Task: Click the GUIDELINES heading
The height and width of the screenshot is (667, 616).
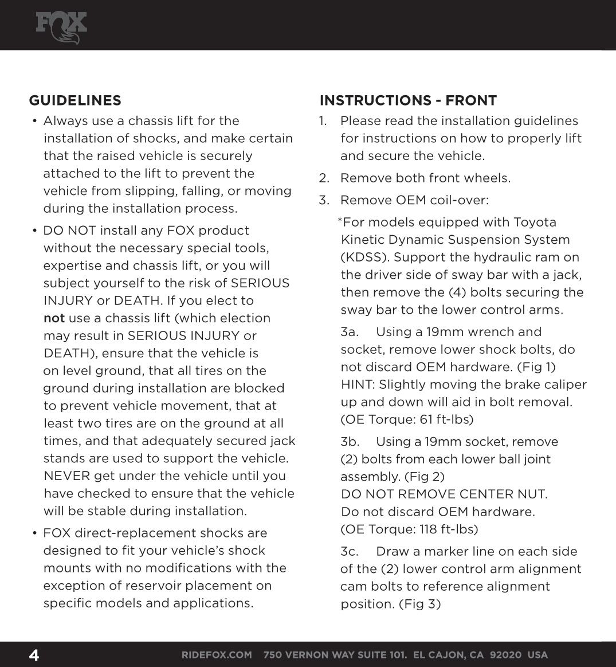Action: [x=75, y=101]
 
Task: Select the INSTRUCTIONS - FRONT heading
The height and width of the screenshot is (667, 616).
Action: [x=408, y=101]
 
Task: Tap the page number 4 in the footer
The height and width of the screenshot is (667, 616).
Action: [x=34, y=655]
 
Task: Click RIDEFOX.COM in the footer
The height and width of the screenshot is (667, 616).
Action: [x=217, y=655]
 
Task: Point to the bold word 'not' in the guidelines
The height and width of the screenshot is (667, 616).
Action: [x=54, y=318]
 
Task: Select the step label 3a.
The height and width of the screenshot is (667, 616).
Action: [x=350, y=332]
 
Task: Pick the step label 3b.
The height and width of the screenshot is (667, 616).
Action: [x=350, y=442]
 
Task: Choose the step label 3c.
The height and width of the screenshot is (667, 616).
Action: [x=350, y=552]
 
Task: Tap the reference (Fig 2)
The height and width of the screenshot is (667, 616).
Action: [x=425, y=477]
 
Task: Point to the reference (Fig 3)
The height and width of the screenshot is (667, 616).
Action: [x=420, y=604]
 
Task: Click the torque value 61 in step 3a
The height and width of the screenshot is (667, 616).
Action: [x=426, y=420]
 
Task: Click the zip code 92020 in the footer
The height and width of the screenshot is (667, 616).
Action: [x=501, y=655]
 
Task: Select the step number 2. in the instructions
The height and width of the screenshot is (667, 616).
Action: [x=324, y=178]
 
